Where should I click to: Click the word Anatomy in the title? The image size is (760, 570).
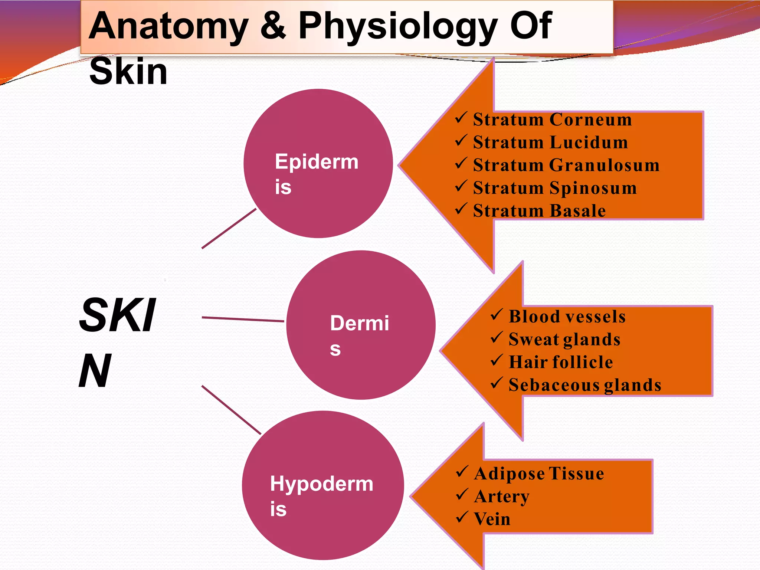click(168, 27)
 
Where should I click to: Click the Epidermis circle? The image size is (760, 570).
click(318, 163)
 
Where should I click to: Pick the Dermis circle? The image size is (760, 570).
click(361, 325)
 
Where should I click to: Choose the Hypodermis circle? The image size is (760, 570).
click(322, 485)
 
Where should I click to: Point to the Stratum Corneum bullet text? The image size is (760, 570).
click(552, 119)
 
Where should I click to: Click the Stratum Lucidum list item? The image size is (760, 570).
click(550, 142)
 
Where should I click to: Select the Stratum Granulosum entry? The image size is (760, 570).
click(566, 165)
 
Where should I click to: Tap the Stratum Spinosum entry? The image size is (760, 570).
click(555, 188)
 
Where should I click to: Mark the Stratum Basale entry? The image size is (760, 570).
click(539, 211)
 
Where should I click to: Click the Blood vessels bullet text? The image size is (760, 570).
click(567, 317)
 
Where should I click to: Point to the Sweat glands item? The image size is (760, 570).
click(564, 340)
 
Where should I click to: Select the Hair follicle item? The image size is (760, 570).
click(560, 362)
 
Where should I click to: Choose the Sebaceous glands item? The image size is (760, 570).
click(585, 385)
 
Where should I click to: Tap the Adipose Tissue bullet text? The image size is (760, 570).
click(539, 474)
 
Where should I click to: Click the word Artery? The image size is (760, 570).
click(502, 497)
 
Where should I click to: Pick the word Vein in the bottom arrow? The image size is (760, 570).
click(492, 519)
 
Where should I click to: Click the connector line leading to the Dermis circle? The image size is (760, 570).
click(243, 319)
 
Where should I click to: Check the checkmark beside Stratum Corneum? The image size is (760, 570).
click(461, 118)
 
